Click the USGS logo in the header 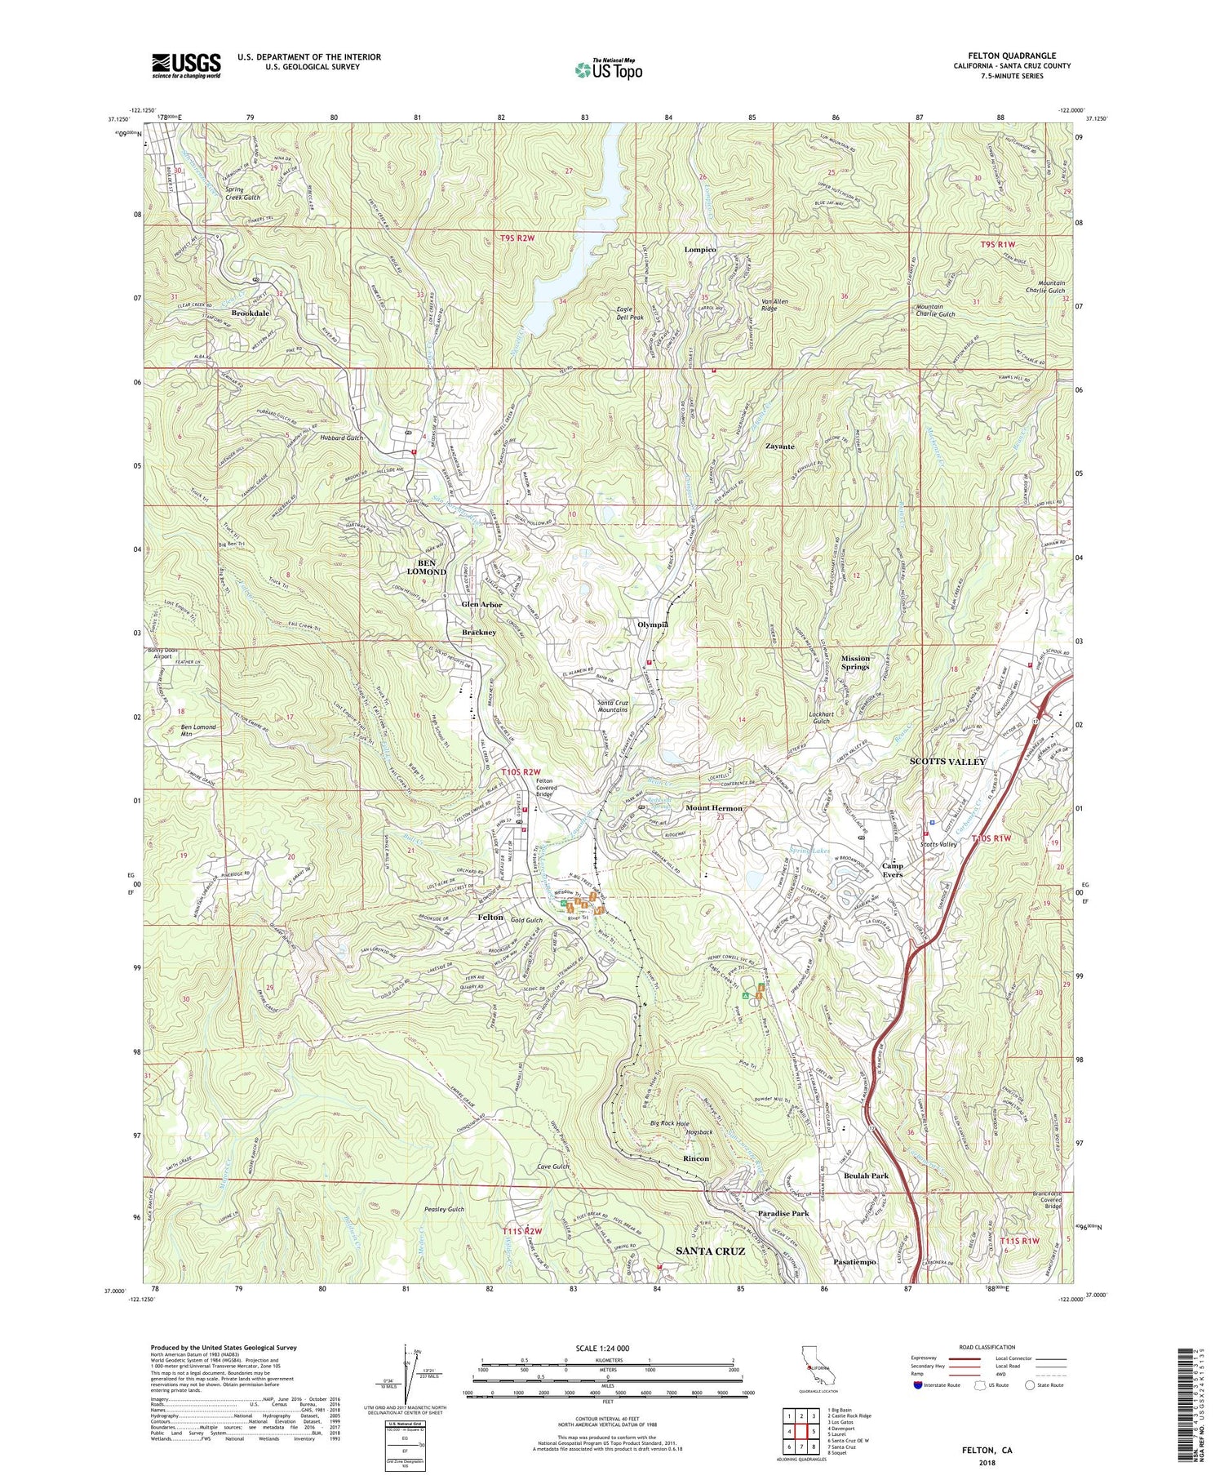[x=185, y=65]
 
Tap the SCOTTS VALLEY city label [x=947, y=762]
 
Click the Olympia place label [x=653, y=624]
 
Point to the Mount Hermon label [x=714, y=808]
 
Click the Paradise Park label [x=783, y=1214]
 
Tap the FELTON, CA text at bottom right [x=984, y=1450]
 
